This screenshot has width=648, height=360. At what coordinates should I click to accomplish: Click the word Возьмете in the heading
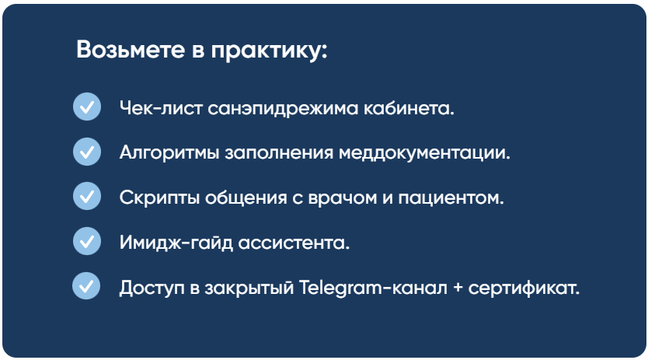coord(131,49)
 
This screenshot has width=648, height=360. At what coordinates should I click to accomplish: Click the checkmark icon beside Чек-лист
coord(87,107)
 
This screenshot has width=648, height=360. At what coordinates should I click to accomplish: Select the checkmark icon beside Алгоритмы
coord(87,152)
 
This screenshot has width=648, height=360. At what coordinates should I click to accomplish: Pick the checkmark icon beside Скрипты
coord(87,196)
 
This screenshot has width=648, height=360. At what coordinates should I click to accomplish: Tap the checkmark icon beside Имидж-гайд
coord(87,241)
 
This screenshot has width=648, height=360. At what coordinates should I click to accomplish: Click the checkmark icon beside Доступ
coord(86,285)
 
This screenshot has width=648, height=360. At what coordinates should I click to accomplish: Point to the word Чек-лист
coord(161,108)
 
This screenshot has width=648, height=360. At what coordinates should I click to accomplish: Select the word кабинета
coord(409,108)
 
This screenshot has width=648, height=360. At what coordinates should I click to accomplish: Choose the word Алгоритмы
coord(169,153)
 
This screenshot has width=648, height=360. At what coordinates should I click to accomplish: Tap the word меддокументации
coord(424,153)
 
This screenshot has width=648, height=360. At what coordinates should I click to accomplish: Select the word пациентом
coord(451,198)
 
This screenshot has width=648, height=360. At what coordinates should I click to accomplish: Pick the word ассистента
coord(294,243)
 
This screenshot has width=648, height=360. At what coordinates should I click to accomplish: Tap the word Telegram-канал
coord(373,288)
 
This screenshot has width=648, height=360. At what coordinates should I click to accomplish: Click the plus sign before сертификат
coord(458,288)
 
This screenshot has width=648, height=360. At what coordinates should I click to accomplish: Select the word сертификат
coord(524,288)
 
